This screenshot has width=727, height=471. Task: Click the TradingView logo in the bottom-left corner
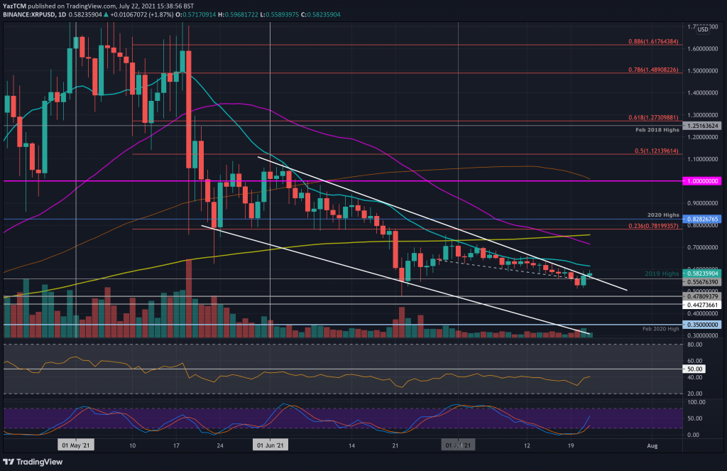pos(34,460)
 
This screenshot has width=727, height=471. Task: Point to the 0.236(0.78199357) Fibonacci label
pos(645,225)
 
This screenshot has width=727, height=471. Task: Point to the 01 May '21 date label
pos(76,445)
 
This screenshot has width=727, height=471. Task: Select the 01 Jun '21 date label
pos(270,445)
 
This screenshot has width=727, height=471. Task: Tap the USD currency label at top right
pos(704,29)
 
